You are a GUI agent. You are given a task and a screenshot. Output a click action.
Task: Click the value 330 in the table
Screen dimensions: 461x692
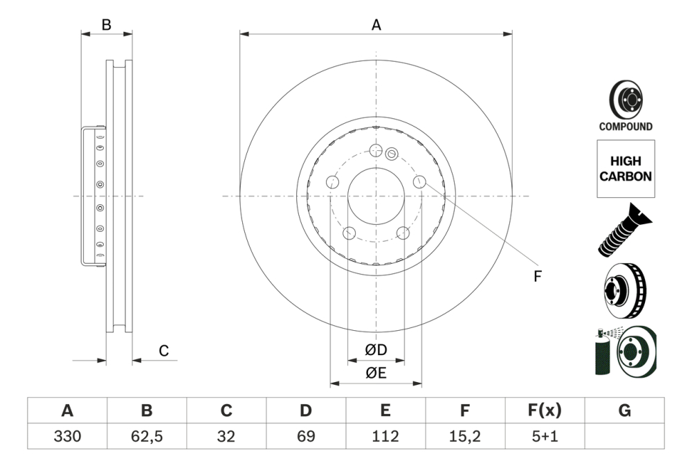(x=67, y=437)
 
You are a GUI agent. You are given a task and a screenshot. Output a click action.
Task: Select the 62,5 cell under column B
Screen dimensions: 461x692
(x=147, y=437)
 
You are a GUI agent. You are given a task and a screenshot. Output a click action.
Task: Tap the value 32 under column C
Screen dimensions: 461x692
(x=226, y=437)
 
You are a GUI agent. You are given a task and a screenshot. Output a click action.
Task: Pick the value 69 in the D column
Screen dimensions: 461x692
(x=306, y=437)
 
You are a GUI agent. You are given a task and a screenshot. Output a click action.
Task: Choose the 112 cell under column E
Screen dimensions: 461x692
(x=385, y=437)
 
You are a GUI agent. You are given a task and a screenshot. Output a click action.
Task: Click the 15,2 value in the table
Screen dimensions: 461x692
(x=465, y=437)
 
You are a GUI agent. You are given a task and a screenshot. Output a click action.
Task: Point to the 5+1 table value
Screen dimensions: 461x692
(x=545, y=437)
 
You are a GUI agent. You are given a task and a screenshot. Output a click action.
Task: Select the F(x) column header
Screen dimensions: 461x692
(x=545, y=410)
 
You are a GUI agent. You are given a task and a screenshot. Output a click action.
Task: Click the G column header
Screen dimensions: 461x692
(x=624, y=410)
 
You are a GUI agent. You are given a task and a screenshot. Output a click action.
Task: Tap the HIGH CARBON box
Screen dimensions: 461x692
(x=625, y=169)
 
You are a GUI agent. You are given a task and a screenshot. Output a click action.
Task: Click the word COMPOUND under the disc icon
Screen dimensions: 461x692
(x=625, y=127)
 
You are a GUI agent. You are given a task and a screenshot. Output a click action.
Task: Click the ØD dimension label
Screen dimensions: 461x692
(x=376, y=350)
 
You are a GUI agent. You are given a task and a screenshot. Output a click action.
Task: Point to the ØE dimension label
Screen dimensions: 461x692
(x=376, y=373)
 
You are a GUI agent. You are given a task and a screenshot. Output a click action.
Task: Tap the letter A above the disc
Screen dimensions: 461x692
(x=376, y=26)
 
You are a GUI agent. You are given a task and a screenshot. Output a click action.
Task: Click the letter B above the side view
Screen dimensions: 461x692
(x=106, y=25)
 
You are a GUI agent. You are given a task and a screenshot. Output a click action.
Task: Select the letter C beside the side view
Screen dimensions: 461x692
(x=163, y=351)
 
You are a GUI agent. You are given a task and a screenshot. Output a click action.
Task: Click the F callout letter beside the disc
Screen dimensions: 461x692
(x=536, y=277)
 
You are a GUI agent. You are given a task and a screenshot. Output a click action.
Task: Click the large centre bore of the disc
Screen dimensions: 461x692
(x=376, y=196)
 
